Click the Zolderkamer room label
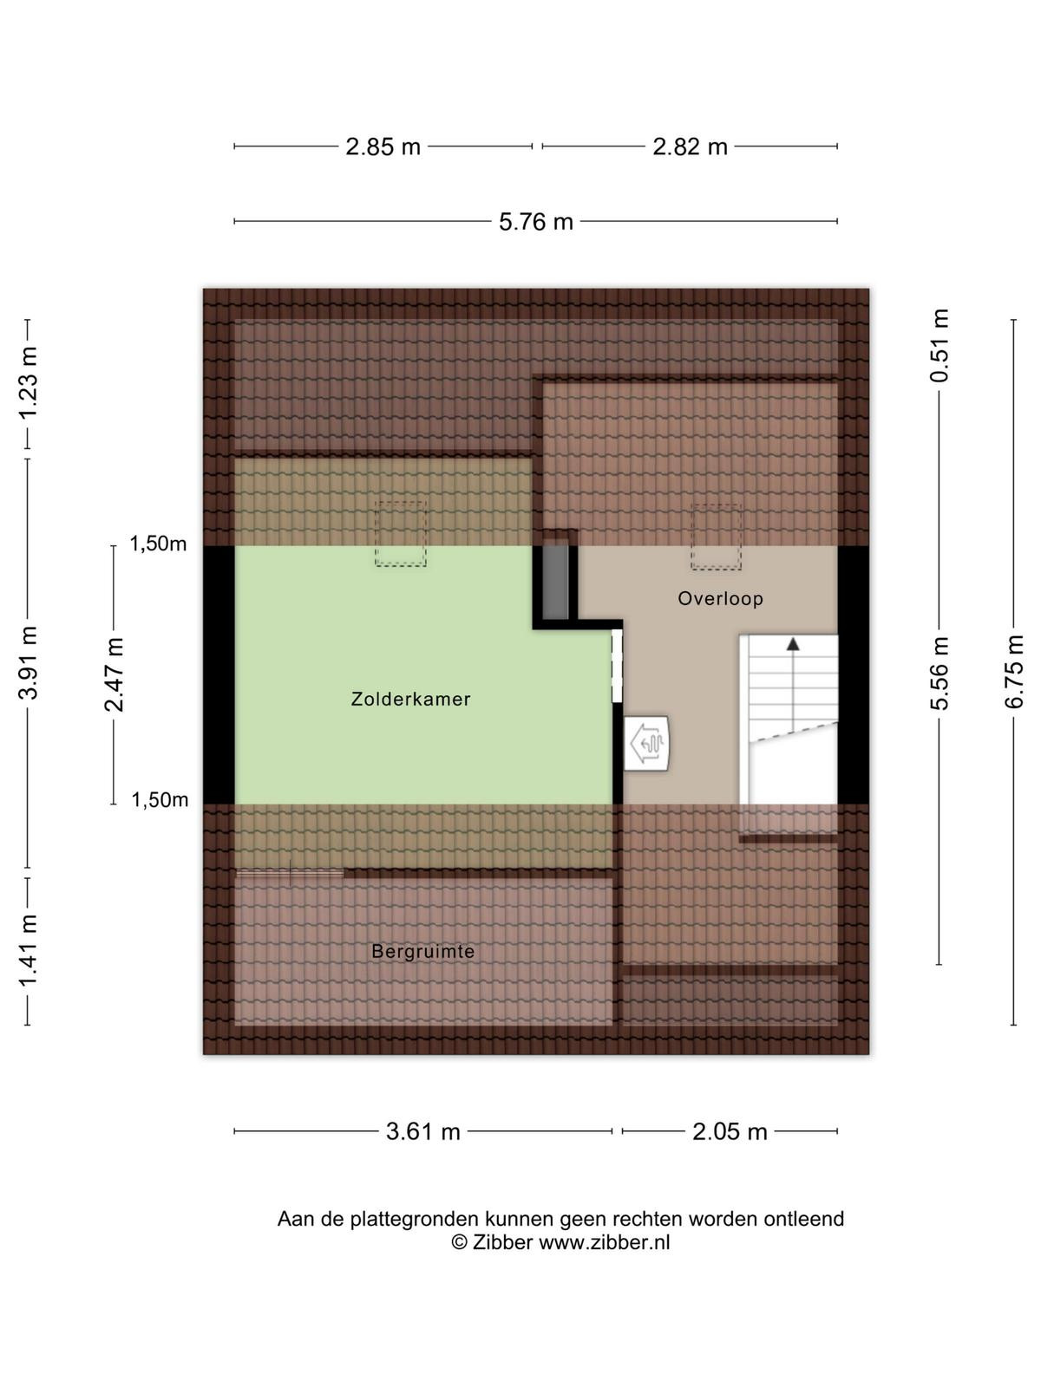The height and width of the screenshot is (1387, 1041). [410, 699]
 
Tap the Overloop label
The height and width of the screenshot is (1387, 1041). [720, 598]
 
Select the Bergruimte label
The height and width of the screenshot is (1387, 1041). [422, 951]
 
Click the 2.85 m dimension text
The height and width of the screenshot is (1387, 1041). [383, 147]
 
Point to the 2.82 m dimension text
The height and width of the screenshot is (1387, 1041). [690, 147]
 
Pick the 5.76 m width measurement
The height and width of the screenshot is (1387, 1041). [536, 222]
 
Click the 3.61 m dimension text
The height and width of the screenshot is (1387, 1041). [422, 1132]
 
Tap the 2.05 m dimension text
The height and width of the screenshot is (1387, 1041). [730, 1132]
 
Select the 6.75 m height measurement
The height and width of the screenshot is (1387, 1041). [1014, 672]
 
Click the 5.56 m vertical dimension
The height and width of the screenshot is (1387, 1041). [940, 673]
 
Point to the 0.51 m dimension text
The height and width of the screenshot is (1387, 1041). [940, 346]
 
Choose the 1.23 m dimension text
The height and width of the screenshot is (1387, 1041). [28, 383]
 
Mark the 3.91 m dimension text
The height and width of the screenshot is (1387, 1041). [28, 663]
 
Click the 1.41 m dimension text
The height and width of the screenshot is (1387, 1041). [28, 951]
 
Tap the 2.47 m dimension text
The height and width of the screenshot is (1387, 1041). [115, 674]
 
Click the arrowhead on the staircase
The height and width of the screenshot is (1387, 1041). [793, 644]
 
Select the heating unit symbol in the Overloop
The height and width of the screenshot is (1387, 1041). [646, 743]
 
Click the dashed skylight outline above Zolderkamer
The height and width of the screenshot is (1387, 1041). [400, 534]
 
